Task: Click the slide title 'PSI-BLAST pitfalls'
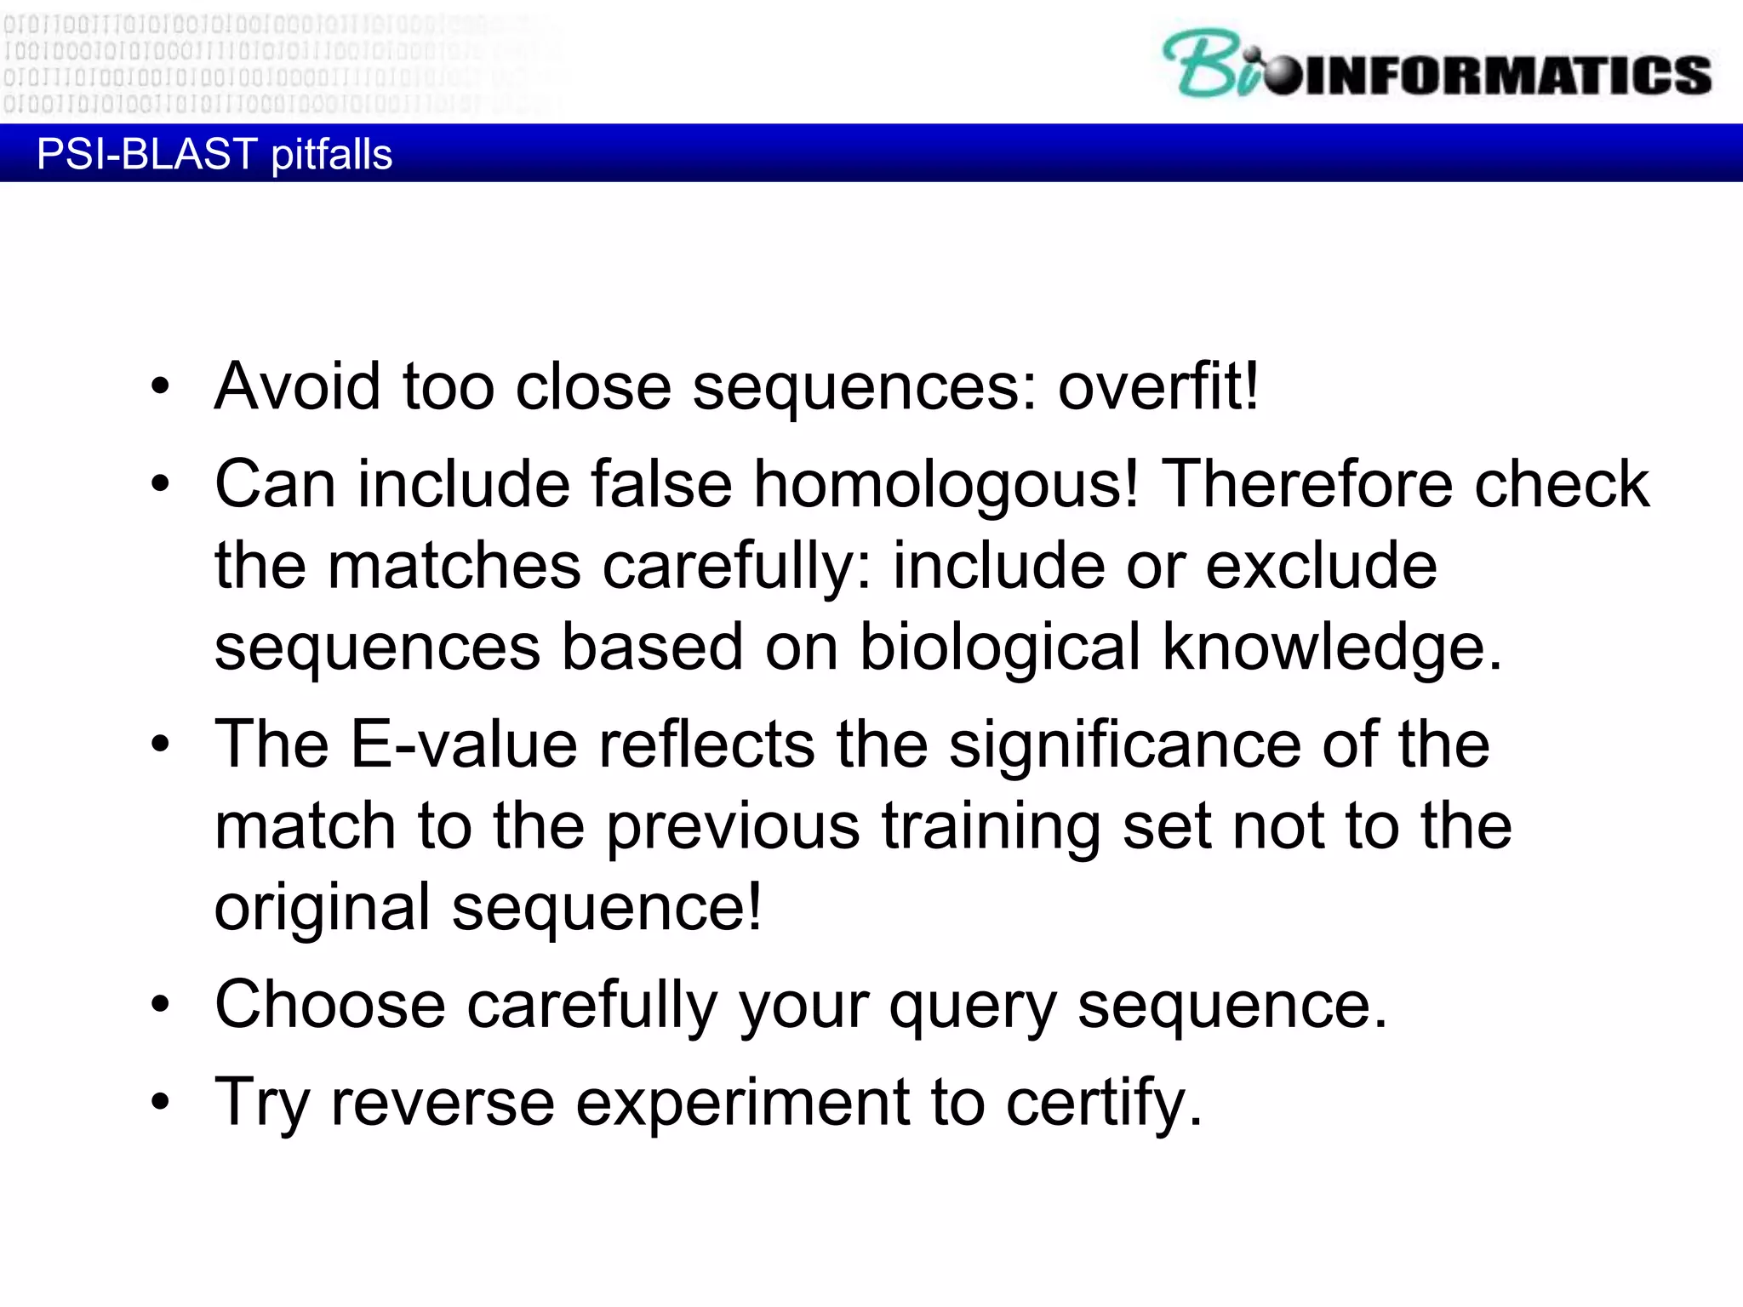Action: click(x=214, y=154)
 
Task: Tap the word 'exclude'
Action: click(x=1321, y=566)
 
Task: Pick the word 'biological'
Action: click(x=999, y=648)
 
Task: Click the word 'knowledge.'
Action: click(x=1333, y=648)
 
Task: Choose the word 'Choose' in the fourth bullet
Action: click(x=329, y=1005)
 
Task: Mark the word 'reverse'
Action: click(x=443, y=1103)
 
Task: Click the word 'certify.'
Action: click(x=1105, y=1103)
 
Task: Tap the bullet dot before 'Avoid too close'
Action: click(x=160, y=388)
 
